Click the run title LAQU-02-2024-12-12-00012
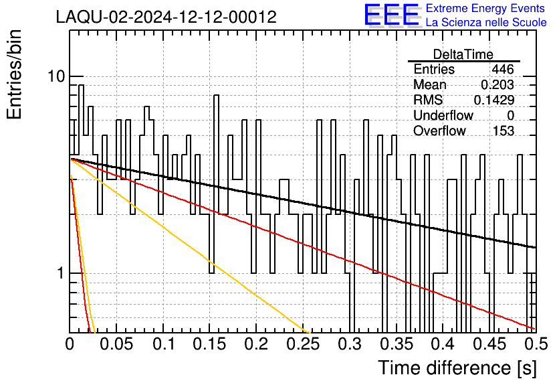166,17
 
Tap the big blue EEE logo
391,15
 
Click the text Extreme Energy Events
486,9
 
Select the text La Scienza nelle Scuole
486,23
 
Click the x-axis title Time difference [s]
456,368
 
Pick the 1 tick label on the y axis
60,273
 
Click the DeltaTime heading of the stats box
463,54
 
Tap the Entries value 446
503,70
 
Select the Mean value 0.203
497,85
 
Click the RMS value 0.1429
494,100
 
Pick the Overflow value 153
503,131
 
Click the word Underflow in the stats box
443,115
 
